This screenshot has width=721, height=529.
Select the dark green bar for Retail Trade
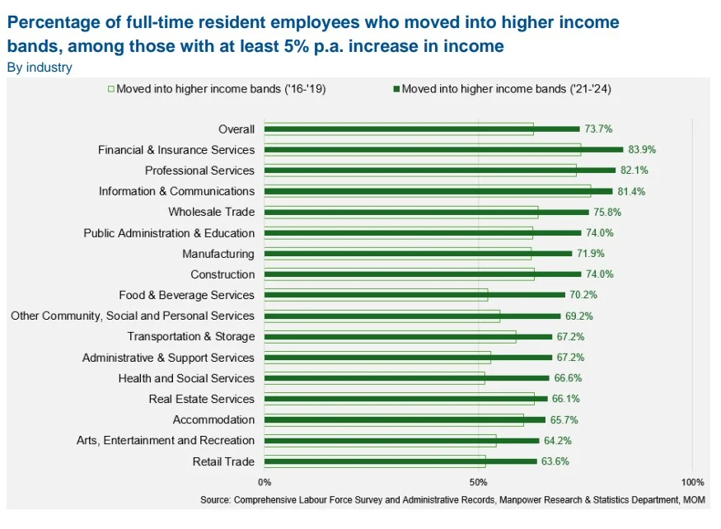point(400,461)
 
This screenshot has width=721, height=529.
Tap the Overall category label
point(236,129)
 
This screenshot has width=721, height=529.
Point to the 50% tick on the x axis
point(479,482)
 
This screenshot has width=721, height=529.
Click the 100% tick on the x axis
point(692,482)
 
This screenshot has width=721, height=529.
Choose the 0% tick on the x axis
point(265,482)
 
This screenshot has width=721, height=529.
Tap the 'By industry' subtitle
point(39,68)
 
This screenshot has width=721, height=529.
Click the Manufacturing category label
point(218,254)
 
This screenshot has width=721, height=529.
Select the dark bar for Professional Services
point(440,171)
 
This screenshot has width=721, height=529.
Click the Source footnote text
point(452,500)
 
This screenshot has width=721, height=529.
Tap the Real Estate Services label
point(201,399)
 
